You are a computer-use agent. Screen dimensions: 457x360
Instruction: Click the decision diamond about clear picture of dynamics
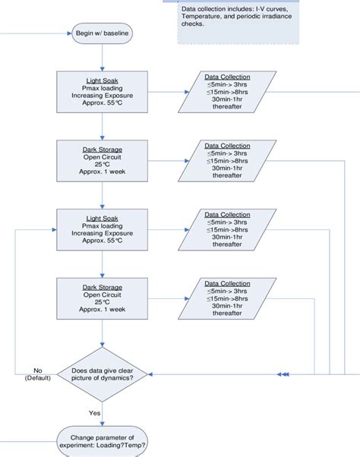[x=103, y=374]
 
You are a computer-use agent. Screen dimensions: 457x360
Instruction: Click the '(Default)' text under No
[x=36, y=378]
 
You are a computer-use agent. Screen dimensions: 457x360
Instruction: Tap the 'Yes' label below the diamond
[x=94, y=413]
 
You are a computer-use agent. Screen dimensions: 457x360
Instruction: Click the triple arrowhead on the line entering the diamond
[x=283, y=374]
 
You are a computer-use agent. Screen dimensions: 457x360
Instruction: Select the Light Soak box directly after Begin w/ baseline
[x=103, y=92]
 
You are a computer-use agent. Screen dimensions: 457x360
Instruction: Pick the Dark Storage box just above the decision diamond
[x=103, y=299]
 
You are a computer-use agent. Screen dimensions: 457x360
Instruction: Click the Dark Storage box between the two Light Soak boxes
[x=103, y=161]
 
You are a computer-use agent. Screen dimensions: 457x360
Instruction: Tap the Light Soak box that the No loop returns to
[x=103, y=230]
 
